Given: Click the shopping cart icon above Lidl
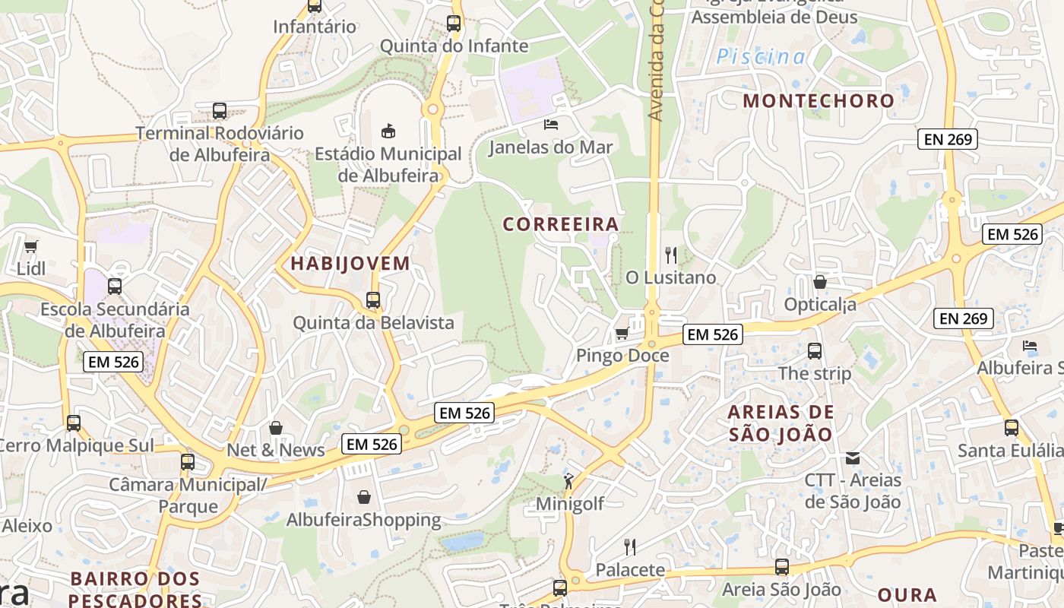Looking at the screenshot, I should (31, 246).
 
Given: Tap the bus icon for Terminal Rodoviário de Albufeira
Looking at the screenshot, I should (220, 111).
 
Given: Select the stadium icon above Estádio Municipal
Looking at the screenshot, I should (388, 131).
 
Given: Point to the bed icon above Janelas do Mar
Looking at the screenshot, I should (551, 124).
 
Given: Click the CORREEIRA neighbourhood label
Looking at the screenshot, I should (561, 224).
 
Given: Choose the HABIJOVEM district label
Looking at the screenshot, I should (350, 264).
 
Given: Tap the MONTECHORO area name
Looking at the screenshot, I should (819, 100).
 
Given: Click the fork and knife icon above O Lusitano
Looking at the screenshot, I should (670, 255).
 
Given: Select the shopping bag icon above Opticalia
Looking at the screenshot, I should (820, 282).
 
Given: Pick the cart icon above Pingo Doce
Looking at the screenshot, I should (622, 333).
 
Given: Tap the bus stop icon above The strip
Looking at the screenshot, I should (815, 351).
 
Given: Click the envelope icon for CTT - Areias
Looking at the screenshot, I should (853, 458).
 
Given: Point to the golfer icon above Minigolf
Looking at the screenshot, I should (569, 481).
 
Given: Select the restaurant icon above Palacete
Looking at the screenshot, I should (630, 547).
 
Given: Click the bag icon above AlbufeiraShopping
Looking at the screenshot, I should (364, 497).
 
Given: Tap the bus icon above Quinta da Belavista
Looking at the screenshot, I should (373, 300).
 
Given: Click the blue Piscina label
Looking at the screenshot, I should (761, 56).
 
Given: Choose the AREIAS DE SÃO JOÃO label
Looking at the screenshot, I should (781, 423).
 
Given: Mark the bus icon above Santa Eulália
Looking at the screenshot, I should (1011, 428).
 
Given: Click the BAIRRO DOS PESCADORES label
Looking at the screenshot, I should (135, 589).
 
